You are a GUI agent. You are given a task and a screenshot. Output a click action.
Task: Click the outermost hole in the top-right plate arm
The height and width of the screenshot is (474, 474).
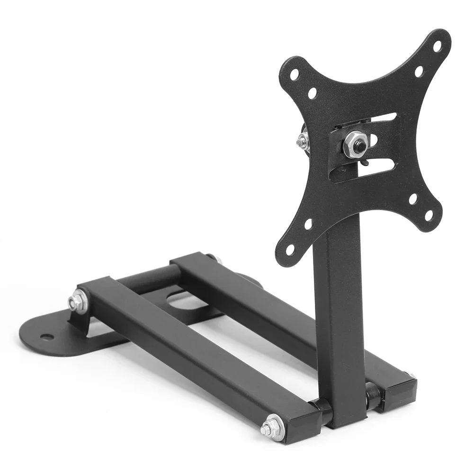pos(437,46)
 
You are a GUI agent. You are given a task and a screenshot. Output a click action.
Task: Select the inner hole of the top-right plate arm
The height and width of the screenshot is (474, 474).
pos(419,72)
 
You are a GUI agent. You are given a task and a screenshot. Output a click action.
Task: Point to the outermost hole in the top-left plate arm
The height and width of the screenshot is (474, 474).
pos(295,75)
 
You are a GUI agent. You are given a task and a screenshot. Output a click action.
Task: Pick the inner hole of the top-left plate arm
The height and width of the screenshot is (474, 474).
pos(312,93)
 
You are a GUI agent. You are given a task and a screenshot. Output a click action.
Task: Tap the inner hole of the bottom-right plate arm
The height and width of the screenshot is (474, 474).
pos(413,199)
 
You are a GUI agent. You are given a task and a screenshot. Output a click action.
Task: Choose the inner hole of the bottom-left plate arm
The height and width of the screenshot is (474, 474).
pos(308,224)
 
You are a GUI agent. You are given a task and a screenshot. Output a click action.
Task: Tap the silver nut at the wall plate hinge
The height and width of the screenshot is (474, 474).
pos(76,302)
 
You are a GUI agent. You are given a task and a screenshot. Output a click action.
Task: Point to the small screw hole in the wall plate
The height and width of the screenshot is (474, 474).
pos(46,337)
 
